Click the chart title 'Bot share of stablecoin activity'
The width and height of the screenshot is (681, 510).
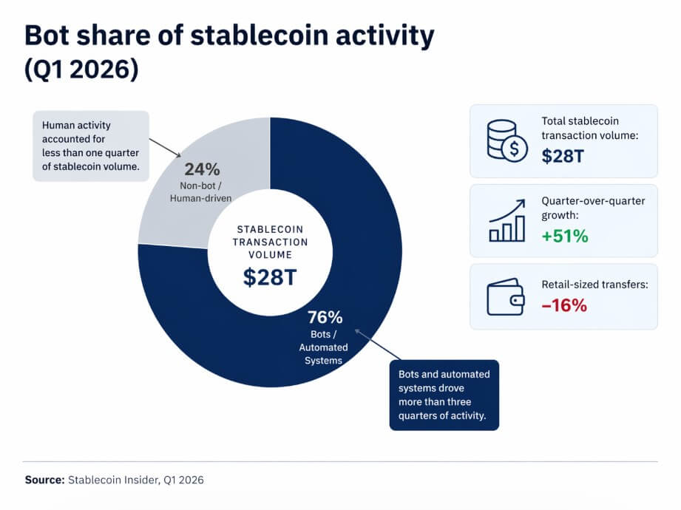pyautogui.click(x=229, y=36)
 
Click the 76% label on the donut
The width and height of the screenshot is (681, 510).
pyautogui.click(x=325, y=318)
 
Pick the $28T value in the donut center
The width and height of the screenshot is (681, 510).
pyautogui.click(x=270, y=277)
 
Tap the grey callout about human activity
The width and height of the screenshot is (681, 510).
pyautogui.click(x=91, y=146)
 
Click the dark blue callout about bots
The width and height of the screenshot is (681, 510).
pyautogui.click(x=444, y=395)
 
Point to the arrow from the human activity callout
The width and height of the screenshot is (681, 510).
pyautogui.click(x=166, y=147)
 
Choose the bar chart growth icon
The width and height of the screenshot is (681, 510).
pyautogui.click(x=507, y=220)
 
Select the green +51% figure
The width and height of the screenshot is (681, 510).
pyautogui.click(x=565, y=237)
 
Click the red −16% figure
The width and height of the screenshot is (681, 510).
pyautogui.click(x=564, y=305)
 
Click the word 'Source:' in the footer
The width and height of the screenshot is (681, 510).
pyautogui.click(x=44, y=480)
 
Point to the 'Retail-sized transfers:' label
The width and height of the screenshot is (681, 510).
pyautogui.click(x=594, y=284)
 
